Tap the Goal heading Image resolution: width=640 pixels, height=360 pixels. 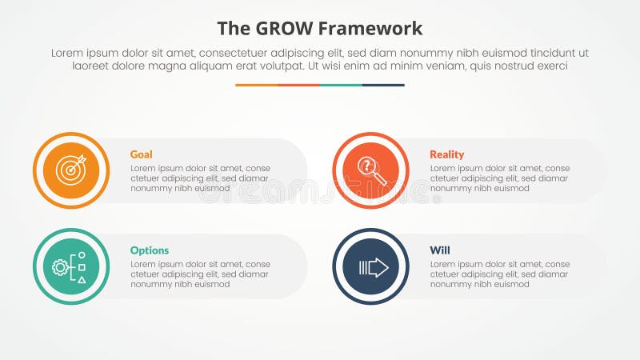[141, 154]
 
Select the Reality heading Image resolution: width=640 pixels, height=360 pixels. [446, 154]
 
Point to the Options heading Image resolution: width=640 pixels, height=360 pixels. [150, 250]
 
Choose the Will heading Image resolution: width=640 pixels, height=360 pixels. [439, 250]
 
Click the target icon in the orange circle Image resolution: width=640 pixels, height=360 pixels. [71, 170]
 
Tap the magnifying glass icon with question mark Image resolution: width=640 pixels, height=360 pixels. [371, 170]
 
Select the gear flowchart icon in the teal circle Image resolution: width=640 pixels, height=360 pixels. [70, 267]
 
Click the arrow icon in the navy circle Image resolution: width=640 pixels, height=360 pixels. [371, 267]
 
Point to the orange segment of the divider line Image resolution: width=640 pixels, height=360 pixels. [256, 85]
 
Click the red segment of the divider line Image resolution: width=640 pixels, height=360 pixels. [298, 85]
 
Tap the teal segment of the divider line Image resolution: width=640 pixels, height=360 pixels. [341, 85]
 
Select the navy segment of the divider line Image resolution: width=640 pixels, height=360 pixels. [383, 85]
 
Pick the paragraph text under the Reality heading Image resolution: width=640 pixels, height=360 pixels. [499, 178]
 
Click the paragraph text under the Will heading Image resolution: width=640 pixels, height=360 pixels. [499, 274]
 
